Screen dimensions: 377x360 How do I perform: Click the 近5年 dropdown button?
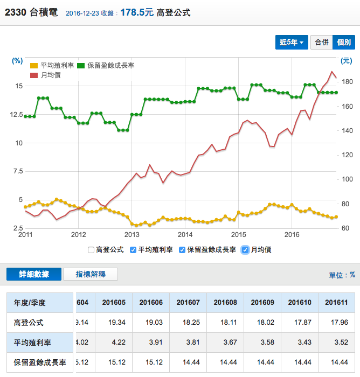[292, 42]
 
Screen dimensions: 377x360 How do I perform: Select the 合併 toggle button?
[322, 42]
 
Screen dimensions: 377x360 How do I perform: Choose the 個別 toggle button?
[344, 42]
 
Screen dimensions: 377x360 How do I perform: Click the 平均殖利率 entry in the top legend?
[53, 66]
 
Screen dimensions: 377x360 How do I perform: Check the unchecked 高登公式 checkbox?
[91, 250]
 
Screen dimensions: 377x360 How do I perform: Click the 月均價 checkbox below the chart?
[246, 250]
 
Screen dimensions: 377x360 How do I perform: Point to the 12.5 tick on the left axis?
[16, 114]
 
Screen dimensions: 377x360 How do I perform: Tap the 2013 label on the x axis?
[132, 235]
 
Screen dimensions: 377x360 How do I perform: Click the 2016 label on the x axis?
[292, 235]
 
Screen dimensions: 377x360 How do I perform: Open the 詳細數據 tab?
[33, 274]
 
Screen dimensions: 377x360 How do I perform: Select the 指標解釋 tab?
[91, 274]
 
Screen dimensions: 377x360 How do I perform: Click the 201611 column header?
[336, 303]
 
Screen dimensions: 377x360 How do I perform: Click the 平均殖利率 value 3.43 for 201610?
[299, 343]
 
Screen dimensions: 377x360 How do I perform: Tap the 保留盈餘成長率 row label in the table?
[39, 362]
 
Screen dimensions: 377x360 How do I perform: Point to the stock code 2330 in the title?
[15, 12]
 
